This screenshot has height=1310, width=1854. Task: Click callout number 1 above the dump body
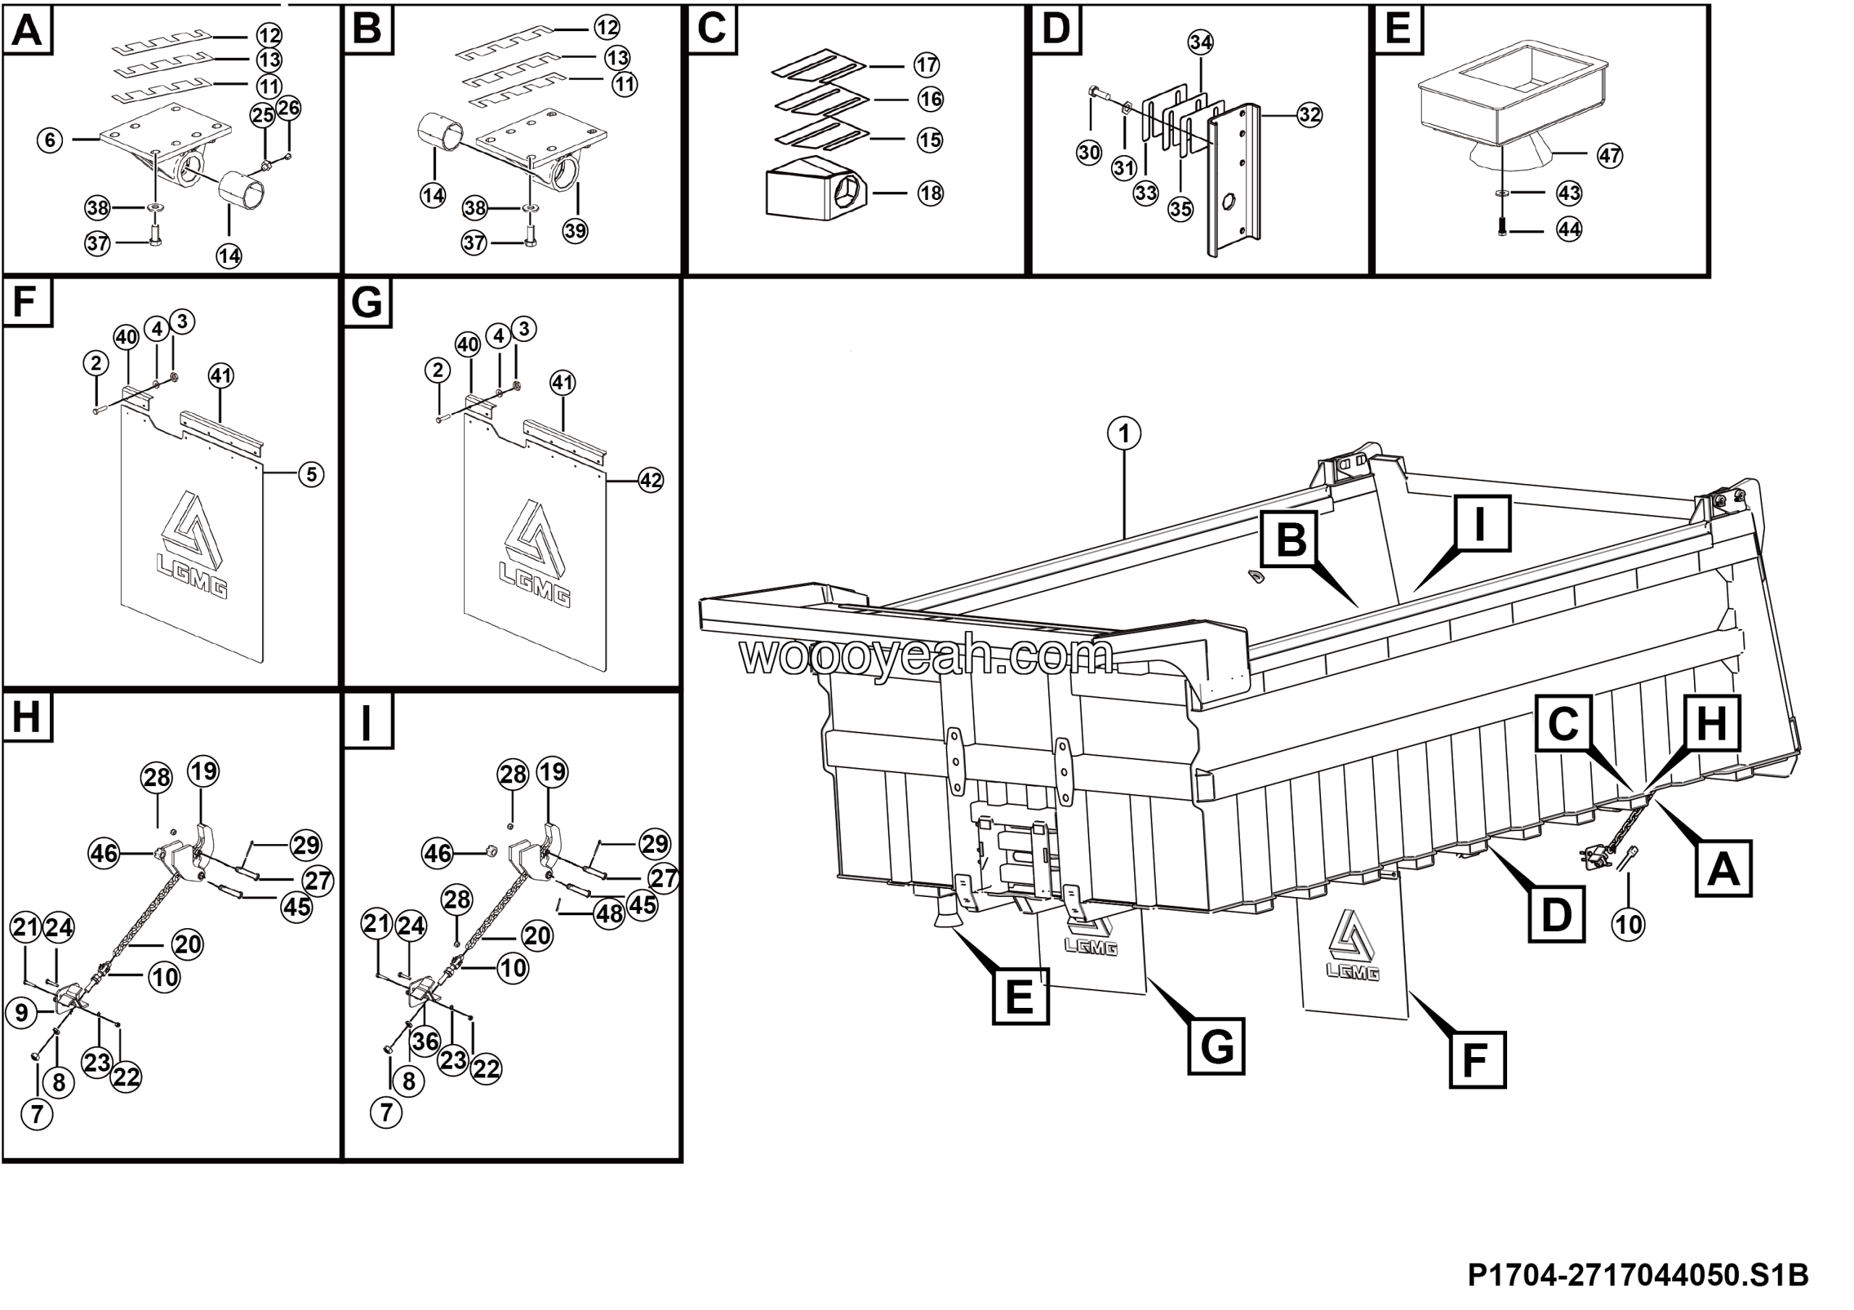point(1123,434)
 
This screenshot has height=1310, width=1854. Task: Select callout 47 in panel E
point(1609,156)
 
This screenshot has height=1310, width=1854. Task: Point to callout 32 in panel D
point(1309,115)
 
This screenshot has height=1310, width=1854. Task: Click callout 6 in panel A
point(50,141)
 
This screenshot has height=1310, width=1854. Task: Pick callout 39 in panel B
point(575,231)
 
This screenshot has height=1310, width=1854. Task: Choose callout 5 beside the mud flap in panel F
point(311,474)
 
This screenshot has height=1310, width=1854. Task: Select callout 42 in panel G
point(651,480)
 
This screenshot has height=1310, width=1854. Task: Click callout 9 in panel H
point(22,1012)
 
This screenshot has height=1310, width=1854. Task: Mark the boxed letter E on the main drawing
point(1019,997)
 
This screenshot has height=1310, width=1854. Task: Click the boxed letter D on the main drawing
point(1556,914)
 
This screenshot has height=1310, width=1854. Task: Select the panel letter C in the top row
point(711,28)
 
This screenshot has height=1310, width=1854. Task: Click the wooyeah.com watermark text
point(926,656)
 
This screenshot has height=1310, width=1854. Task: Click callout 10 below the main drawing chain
point(1628,924)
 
